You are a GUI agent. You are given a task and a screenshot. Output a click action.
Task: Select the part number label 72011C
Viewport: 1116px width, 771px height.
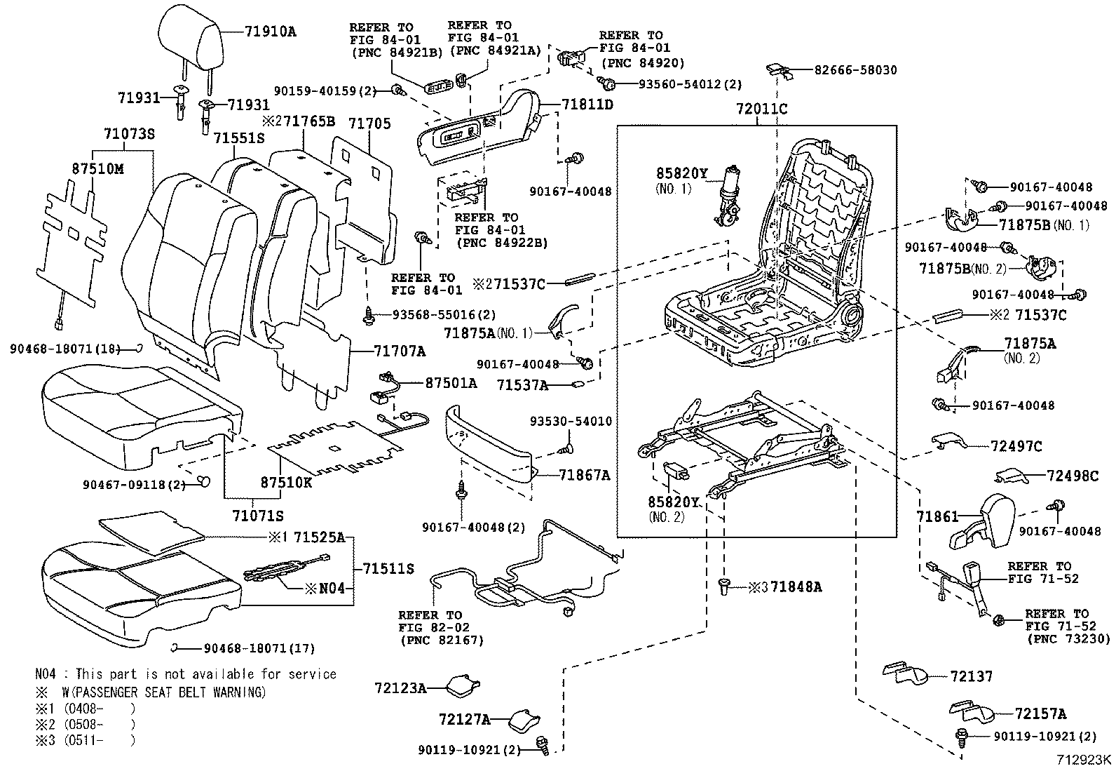pos(762,109)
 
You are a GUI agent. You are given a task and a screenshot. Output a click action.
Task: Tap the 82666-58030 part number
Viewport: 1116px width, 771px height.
pos(855,70)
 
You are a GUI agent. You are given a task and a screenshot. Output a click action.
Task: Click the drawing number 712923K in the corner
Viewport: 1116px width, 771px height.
pos(1084,760)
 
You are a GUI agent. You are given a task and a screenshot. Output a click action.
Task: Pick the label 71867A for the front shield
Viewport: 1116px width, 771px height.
pos(585,476)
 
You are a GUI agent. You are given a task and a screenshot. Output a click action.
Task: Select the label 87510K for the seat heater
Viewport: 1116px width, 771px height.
pos(286,483)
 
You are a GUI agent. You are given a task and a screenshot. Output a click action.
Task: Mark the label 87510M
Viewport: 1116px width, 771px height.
pos(98,169)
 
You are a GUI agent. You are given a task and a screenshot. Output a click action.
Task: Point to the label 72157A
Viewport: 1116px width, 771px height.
pos(1040,714)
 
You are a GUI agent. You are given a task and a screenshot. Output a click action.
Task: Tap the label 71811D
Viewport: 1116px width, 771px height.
pos(587,105)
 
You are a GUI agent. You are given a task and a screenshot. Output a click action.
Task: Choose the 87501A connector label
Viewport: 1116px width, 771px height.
pos(451,382)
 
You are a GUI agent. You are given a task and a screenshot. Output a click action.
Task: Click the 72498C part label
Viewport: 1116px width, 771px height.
pos(1072,476)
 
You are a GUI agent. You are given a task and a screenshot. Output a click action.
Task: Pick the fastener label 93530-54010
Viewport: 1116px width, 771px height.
pos(571,422)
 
